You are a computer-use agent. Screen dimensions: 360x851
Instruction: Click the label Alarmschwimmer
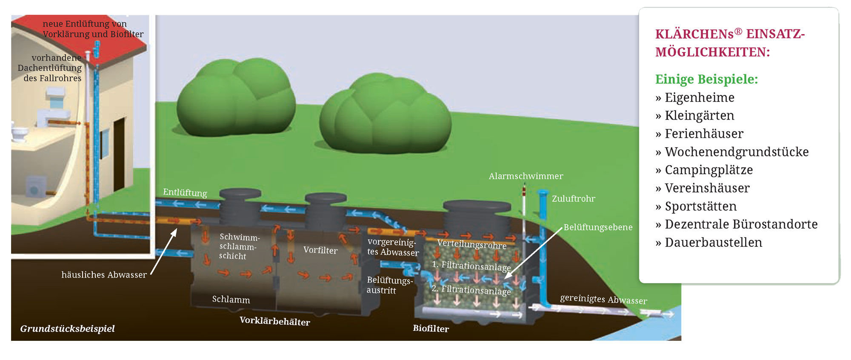click(x=525, y=176)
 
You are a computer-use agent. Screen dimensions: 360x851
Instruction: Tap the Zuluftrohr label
click(x=573, y=199)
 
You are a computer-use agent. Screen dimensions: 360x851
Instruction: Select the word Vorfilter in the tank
click(x=320, y=250)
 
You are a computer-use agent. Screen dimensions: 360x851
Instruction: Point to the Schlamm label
click(x=231, y=300)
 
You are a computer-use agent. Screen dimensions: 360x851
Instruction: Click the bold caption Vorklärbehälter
click(x=275, y=321)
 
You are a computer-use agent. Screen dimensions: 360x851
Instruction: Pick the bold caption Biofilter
click(x=431, y=329)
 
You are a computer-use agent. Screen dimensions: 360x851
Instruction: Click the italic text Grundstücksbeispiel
click(x=67, y=329)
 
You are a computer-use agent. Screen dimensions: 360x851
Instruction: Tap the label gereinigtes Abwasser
click(x=603, y=299)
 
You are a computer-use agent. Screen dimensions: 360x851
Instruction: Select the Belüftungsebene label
click(x=598, y=227)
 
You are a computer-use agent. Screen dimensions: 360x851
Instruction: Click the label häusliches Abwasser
click(x=104, y=275)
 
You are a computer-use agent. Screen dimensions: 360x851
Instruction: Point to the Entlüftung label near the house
click(x=185, y=192)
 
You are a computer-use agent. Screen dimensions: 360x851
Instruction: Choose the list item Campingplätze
click(x=708, y=170)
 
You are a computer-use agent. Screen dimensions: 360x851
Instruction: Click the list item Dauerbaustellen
click(x=713, y=243)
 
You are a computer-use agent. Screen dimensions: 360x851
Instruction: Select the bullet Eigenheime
click(x=700, y=98)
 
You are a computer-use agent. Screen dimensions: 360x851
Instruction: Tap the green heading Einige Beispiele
click(x=706, y=80)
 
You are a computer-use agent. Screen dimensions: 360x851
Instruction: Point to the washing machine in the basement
click(x=36, y=187)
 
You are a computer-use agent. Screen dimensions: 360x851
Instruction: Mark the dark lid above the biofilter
click(x=477, y=206)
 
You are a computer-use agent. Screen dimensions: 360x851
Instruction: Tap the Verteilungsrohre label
click(x=471, y=245)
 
